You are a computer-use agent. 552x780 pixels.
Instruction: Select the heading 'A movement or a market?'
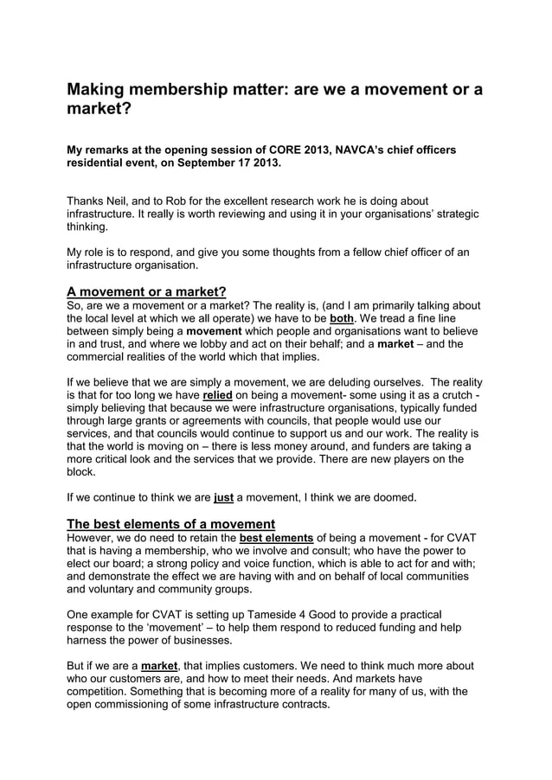pos(146,291)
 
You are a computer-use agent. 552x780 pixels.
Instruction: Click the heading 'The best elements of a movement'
pos(171,523)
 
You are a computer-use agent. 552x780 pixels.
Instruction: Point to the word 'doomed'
pos(395,497)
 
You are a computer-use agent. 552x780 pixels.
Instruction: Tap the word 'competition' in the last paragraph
pos(104,691)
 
